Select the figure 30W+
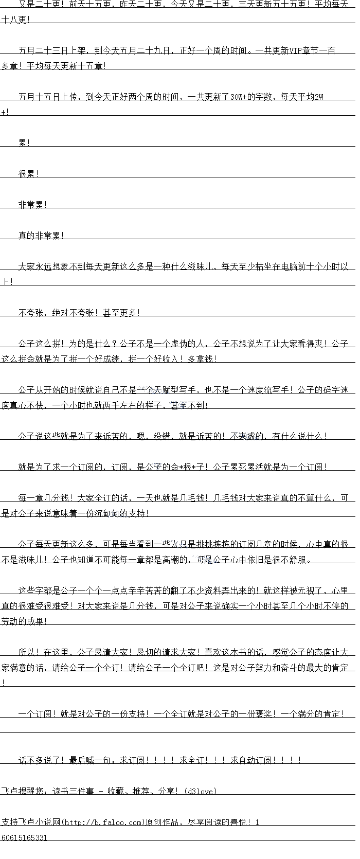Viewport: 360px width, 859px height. (239, 97)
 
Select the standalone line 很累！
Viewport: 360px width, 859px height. (29, 174)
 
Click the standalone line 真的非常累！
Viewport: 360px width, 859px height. (41, 236)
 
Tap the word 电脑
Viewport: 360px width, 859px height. (290, 266)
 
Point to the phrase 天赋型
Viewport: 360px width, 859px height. (153, 390)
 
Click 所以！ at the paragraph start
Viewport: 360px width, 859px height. (29, 652)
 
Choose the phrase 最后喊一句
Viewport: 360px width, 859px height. (91, 760)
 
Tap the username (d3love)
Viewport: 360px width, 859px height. (200, 791)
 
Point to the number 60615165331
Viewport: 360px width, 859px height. (24, 837)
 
